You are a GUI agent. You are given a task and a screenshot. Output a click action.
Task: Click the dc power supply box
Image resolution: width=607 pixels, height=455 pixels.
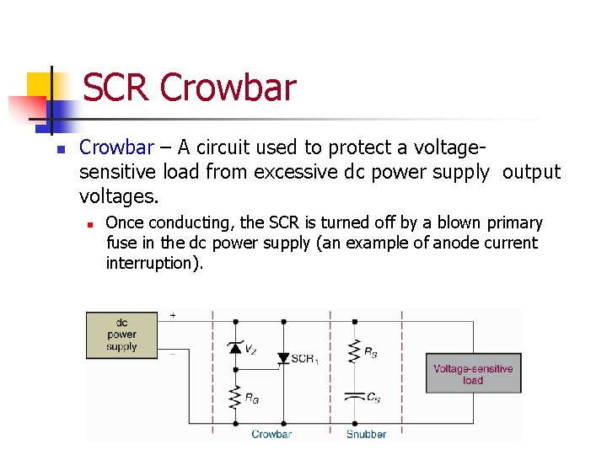pyautogui.click(x=121, y=335)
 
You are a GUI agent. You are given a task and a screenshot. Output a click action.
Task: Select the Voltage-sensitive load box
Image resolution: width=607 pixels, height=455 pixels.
pyautogui.click(x=473, y=374)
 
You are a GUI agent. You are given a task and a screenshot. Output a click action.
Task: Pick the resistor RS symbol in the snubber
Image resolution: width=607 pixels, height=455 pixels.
pyautogui.click(x=354, y=351)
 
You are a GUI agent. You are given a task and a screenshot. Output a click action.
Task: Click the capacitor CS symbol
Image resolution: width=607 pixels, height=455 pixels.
pyautogui.click(x=354, y=396)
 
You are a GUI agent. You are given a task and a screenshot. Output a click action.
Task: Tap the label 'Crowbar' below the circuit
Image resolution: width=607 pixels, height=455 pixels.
pyautogui.click(x=271, y=434)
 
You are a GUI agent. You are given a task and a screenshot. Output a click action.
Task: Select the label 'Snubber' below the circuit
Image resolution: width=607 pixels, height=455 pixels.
pyautogui.click(x=366, y=434)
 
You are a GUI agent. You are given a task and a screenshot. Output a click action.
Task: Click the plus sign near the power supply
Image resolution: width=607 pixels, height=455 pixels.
pyautogui.click(x=174, y=315)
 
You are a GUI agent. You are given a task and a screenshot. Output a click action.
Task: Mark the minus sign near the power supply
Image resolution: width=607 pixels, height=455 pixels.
pyautogui.click(x=174, y=353)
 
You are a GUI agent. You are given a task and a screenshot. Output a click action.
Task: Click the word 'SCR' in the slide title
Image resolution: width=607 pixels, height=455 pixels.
pyautogui.click(x=117, y=88)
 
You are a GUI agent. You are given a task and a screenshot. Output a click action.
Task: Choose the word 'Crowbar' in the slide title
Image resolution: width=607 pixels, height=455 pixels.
pyautogui.click(x=228, y=88)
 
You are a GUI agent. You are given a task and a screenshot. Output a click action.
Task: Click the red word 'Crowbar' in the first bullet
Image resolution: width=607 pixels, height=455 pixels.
pyautogui.click(x=116, y=148)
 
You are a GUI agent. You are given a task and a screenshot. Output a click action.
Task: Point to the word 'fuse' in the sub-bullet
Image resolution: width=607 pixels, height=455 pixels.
pyautogui.click(x=119, y=243)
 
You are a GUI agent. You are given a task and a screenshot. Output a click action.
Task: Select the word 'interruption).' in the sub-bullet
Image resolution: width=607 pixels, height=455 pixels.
pyautogui.click(x=154, y=263)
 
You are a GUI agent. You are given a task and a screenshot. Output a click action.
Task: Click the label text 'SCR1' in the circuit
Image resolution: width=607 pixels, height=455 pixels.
pyautogui.click(x=303, y=359)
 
